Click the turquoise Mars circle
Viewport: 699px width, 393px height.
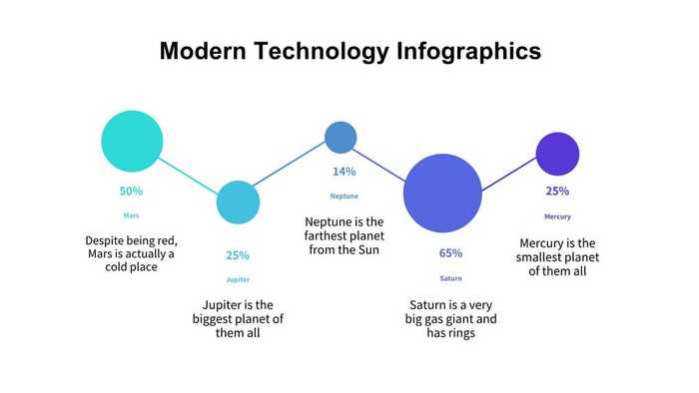point(132,141)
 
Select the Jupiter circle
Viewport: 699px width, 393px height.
point(238,202)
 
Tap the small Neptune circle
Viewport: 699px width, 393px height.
point(341,137)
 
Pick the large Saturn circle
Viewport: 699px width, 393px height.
point(441,193)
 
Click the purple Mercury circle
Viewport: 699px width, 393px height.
point(557,154)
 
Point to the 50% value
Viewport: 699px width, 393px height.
point(131,191)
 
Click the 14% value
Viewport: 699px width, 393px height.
point(345,172)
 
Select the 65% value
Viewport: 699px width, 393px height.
point(450,253)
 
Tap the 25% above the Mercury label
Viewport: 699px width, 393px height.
point(557,192)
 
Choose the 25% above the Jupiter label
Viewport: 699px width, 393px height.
point(238,255)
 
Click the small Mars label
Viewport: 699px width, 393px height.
point(131,215)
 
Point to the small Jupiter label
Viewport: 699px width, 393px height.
point(238,280)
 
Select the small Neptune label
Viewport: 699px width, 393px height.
point(345,196)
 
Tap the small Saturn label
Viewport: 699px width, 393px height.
point(450,278)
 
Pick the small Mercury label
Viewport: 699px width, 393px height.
point(557,216)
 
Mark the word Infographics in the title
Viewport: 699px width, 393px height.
point(470,52)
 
